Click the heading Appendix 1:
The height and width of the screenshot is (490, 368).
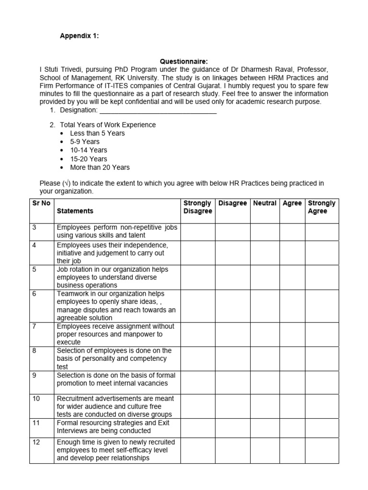[x=79, y=36]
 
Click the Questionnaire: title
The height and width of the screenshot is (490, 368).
[x=184, y=61]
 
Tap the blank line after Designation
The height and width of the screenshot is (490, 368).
[x=158, y=111]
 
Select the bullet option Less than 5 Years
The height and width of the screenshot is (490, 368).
[x=97, y=133]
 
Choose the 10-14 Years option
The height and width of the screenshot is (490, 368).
[x=88, y=150]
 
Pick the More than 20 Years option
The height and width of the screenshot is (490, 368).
[x=100, y=167]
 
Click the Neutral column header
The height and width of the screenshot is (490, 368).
[x=264, y=203]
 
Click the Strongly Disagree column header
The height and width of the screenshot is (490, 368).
[x=197, y=207]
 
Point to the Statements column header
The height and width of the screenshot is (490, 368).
[x=75, y=211]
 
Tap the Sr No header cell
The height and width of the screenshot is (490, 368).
[x=41, y=203]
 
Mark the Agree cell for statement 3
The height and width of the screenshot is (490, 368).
[x=292, y=232]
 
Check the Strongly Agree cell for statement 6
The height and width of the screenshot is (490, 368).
[x=322, y=306]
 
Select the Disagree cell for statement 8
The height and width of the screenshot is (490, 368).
[x=232, y=358]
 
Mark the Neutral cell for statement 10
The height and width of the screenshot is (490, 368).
[x=264, y=406]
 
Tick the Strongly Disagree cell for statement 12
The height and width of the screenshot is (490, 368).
[x=197, y=450]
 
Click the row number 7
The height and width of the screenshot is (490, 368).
[x=34, y=326]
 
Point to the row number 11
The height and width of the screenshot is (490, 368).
[x=36, y=423]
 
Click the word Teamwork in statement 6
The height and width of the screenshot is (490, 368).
[x=72, y=294]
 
